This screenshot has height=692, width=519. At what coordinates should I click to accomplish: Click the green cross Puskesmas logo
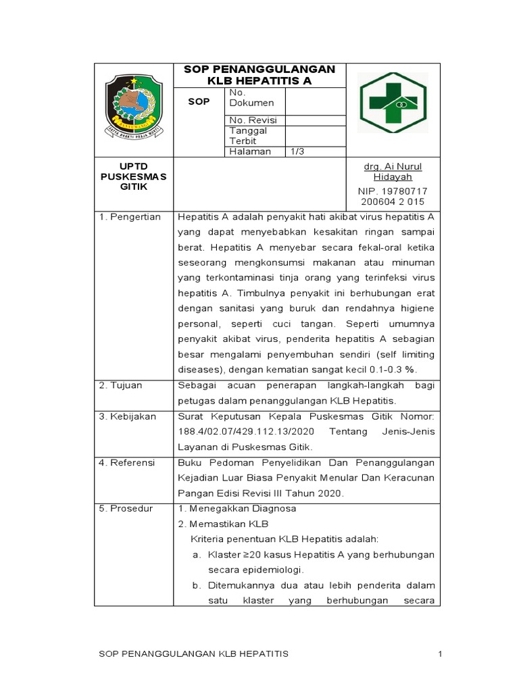point(392,102)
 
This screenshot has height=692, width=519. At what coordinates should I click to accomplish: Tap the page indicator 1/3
point(297,151)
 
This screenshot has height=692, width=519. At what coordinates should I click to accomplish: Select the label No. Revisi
point(253,120)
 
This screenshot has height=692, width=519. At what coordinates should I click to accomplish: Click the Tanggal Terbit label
point(248,136)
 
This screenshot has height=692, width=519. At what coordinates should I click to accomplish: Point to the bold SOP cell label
point(199,101)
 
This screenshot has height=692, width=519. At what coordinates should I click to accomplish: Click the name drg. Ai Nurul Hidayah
point(393,172)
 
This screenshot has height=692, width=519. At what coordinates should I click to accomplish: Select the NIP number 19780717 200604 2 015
point(393,197)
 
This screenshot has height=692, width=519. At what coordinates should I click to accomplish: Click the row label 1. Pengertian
point(130,217)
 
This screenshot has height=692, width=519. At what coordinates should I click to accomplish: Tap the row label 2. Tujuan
point(122,385)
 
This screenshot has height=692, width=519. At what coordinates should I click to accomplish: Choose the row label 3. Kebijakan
point(127,416)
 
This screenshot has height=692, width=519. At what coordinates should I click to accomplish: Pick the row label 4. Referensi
point(127,462)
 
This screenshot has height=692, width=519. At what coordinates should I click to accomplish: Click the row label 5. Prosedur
point(126,508)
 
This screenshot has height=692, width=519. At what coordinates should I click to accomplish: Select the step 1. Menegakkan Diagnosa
point(237,508)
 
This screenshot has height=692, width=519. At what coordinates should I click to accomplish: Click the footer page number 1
point(439,654)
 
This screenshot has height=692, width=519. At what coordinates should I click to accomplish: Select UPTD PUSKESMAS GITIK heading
point(133,176)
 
